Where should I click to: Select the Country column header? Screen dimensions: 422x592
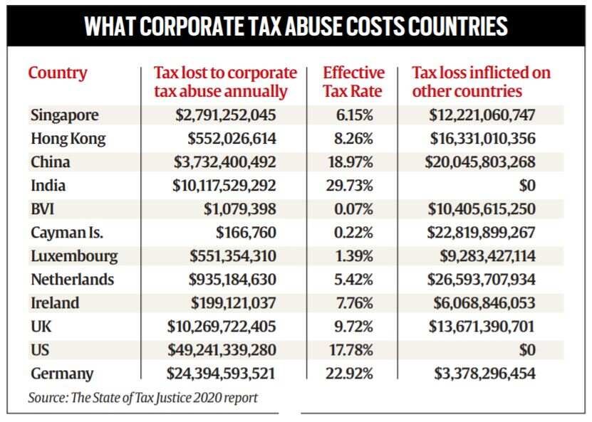tap(58, 73)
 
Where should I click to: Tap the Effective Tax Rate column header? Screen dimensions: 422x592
tap(353, 82)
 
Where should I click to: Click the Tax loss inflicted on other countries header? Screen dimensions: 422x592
tap(482, 82)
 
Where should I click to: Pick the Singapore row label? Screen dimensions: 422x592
tap(65, 115)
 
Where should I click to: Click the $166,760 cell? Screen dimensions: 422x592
tap(246, 232)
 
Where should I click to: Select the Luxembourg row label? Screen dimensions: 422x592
tap(74, 255)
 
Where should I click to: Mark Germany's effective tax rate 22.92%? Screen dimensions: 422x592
tap(353, 373)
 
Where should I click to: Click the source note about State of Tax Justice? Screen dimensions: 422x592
tap(142, 398)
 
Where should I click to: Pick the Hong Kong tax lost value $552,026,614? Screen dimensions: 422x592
tap(232, 139)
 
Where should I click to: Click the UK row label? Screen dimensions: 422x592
tap(42, 326)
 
